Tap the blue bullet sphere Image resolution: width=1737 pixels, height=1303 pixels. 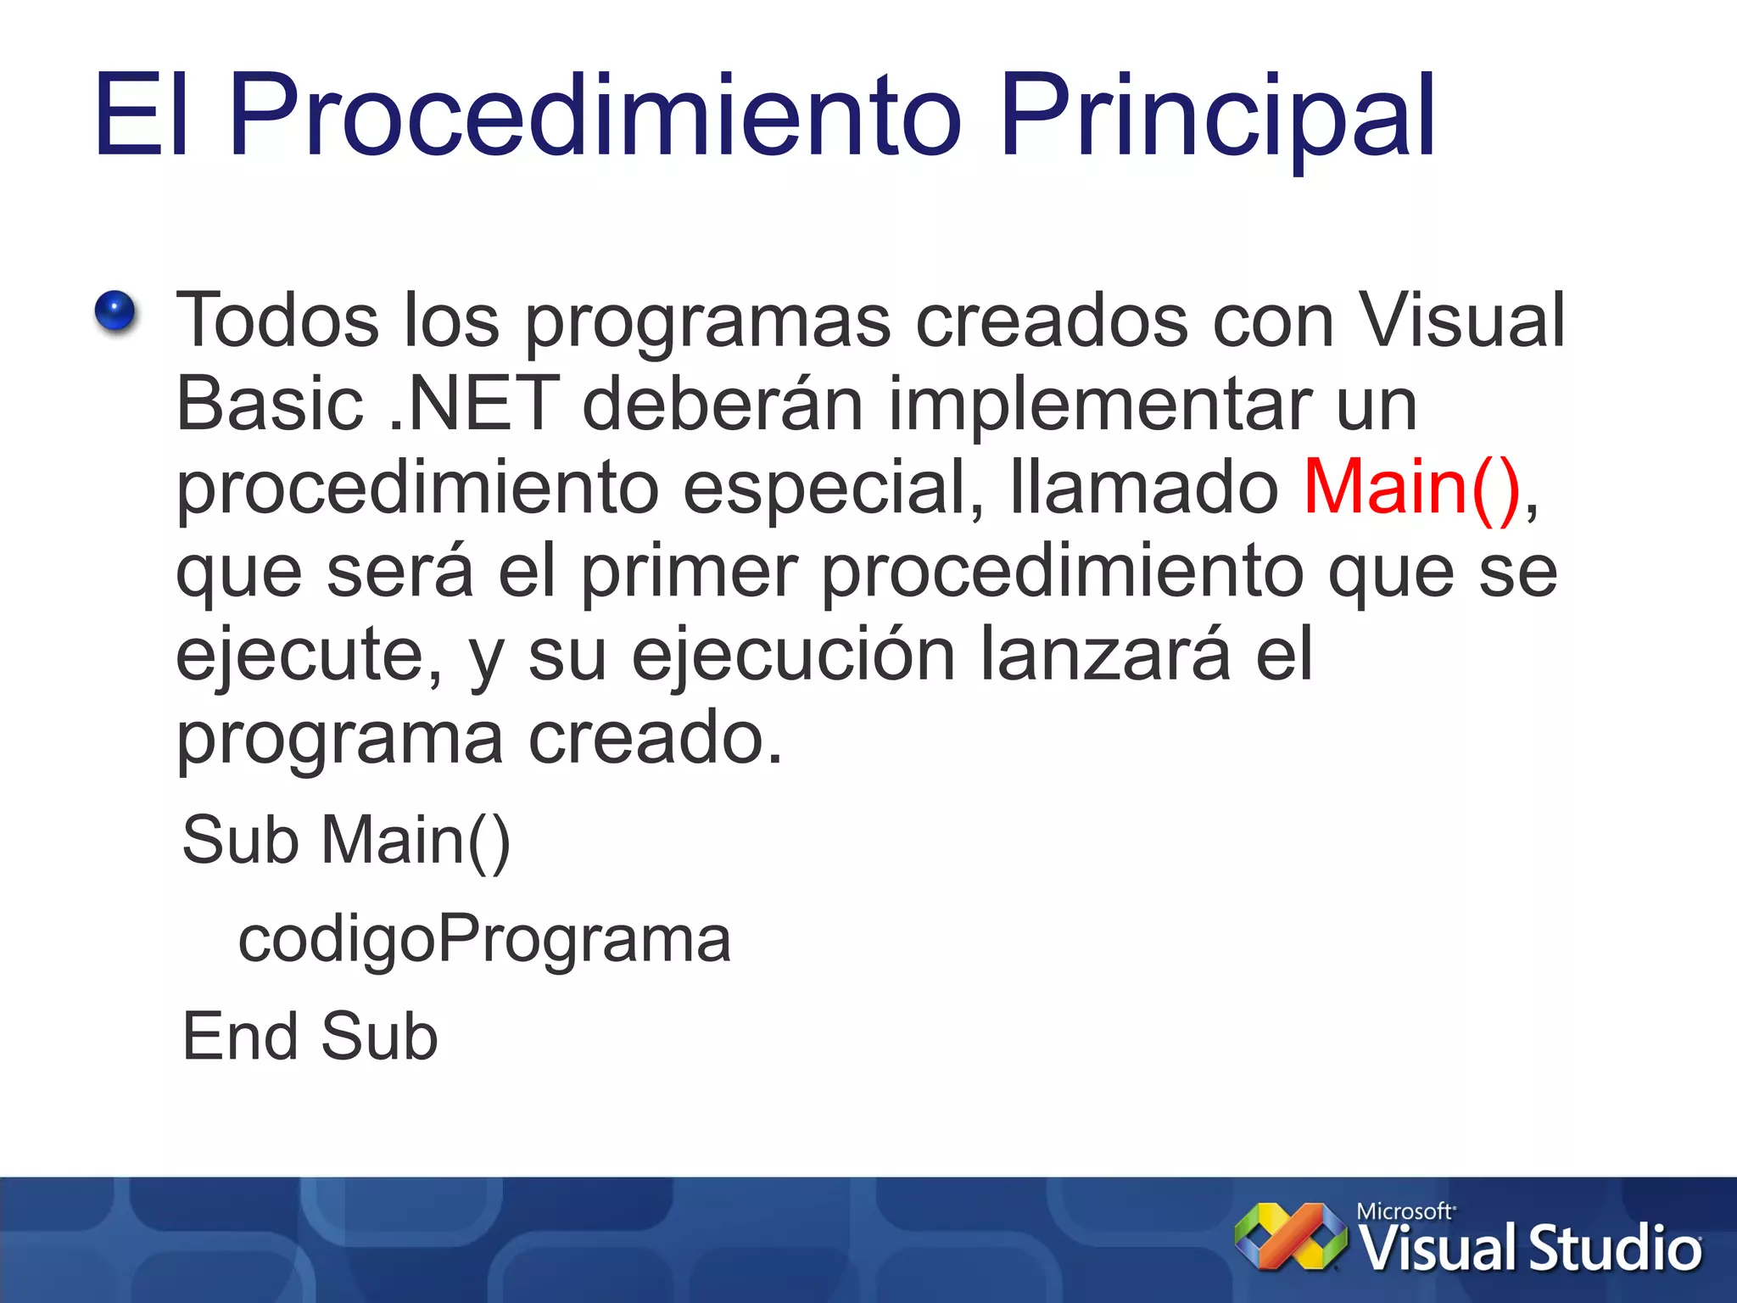115,310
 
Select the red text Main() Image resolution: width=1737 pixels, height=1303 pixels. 1412,488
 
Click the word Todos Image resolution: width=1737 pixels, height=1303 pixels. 277,321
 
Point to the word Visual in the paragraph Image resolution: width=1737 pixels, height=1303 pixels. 1461,321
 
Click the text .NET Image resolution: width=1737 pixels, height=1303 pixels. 473,404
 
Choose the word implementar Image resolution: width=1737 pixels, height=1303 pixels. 1099,404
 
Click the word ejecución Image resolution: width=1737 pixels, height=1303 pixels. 793,655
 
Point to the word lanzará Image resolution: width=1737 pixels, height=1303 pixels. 1104,655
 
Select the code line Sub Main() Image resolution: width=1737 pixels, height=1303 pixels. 346,841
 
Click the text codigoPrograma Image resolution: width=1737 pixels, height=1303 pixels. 484,940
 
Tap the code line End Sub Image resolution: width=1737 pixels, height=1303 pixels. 310,1037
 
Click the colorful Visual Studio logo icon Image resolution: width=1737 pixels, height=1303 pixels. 1290,1237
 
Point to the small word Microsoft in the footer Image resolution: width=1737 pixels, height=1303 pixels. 1405,1211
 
